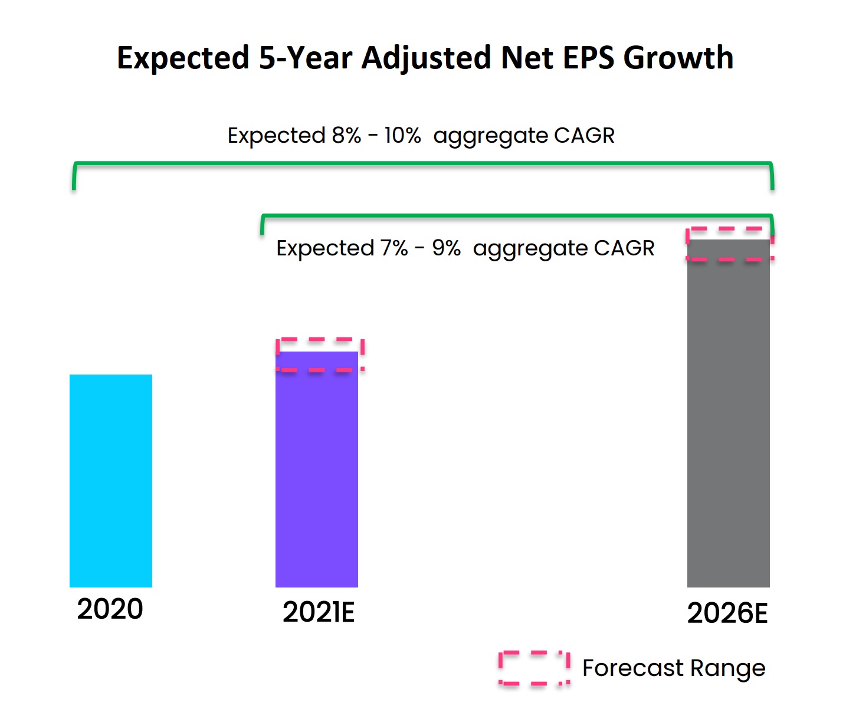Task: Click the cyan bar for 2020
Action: [111, 481]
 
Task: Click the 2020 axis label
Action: [110, 609]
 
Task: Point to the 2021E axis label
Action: [319, 612]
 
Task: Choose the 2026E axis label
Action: [727, 613]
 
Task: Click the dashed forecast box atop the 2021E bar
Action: [320, 354]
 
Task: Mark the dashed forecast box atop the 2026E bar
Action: [730, 244]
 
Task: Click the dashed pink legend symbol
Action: [534, 668]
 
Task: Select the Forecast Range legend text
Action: [674, 668]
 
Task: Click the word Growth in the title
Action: [678, 58]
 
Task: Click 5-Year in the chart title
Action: [306, 58]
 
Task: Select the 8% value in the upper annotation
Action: [346, 136]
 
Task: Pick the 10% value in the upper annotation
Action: [402, 136]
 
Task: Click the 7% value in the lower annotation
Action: [394, 248]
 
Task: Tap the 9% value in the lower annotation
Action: [446, 248]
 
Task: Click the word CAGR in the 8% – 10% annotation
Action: [584, 136]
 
